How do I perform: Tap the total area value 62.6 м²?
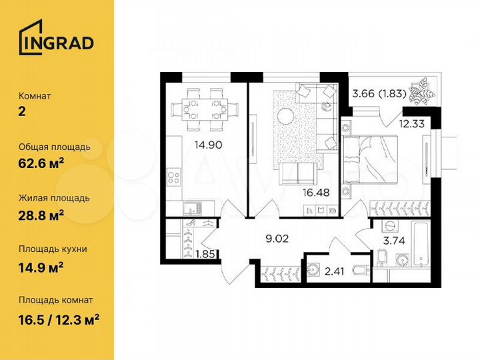41,161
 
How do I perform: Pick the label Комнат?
35,95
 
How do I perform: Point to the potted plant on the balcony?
421,93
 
